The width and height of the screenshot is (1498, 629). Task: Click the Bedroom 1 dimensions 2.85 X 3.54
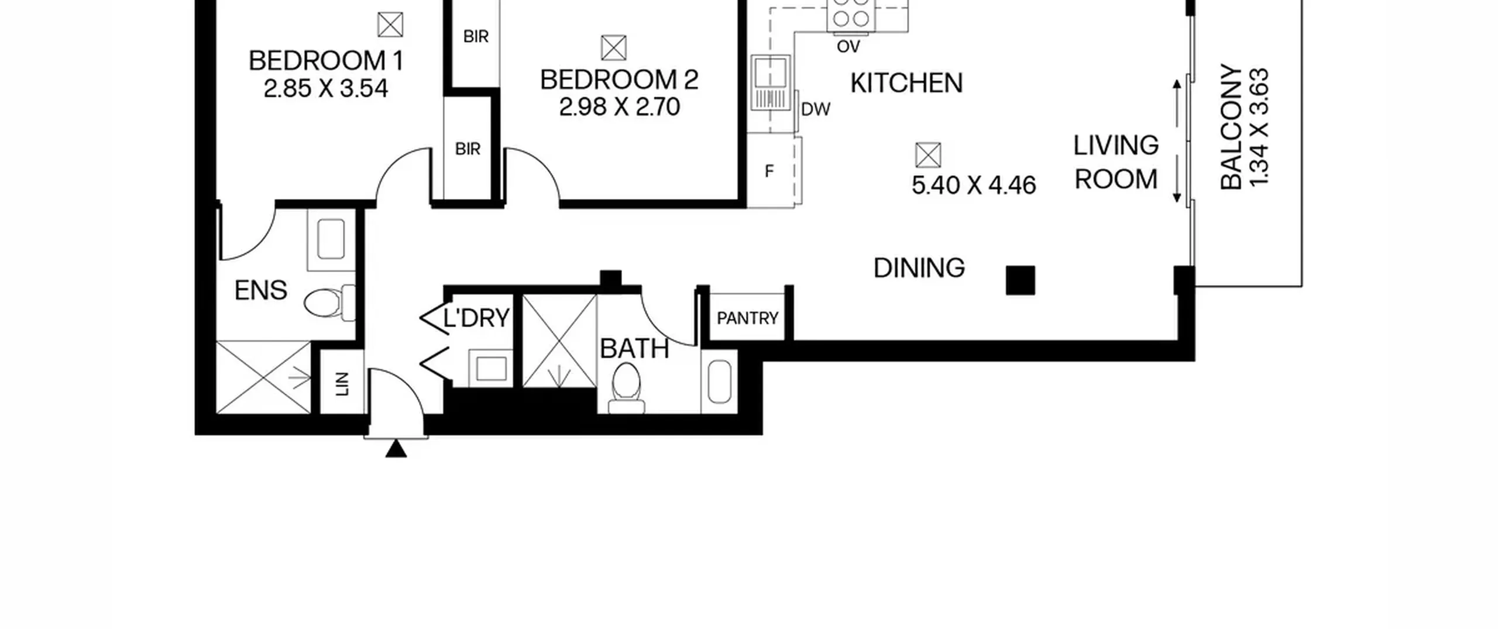[326, 89]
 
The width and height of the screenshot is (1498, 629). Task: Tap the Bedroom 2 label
[619, 80]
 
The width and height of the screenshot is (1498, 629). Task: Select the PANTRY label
[747, 318]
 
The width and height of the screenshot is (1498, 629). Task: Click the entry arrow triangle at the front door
[396, 449]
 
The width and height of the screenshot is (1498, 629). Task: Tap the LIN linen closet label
[342, 384]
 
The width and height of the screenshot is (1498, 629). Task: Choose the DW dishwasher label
[816, 109]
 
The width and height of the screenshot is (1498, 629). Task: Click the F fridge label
[769, 171]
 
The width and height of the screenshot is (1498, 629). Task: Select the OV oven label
[848, 46]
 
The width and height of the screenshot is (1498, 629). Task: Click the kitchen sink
[771, 83]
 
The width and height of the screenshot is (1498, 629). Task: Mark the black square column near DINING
[1021, 280]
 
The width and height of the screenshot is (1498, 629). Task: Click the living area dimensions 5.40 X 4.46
[974, 185]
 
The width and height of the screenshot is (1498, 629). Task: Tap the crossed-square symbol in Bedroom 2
[614, 48]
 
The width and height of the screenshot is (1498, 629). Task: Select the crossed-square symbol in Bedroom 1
[390, 25]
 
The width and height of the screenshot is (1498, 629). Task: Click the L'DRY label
[476, 318]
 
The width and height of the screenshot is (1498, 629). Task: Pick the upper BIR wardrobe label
[476, 37]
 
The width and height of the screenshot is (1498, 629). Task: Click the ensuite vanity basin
[331, 239]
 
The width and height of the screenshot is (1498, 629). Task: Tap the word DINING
[919, 269]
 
